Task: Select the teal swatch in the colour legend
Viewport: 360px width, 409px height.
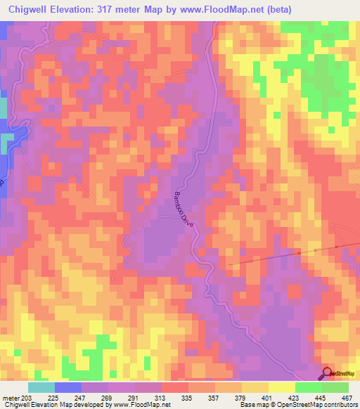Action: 41,387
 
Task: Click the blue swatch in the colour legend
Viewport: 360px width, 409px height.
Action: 68,387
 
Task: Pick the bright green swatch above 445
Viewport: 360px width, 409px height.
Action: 308,387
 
